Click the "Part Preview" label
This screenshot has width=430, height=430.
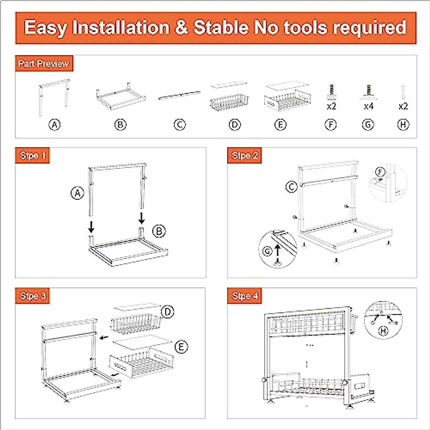point(43,64)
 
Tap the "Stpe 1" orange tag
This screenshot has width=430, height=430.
point(33,156)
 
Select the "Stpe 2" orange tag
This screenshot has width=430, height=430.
point(245,156)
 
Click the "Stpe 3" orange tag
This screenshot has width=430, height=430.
point(33,296)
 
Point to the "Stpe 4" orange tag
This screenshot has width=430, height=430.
point(245,296)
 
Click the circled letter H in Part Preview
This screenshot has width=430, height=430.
point(403,125)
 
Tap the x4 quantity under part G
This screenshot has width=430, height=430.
point(369,106)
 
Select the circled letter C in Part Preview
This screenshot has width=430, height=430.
point(180,125)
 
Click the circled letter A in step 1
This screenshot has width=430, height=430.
point(77,193)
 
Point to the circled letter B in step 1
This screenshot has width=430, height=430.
point(159,231)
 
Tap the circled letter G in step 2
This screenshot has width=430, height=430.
point(268,252)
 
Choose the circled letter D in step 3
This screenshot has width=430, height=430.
point(167,312)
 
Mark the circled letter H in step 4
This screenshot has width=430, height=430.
point(383,331)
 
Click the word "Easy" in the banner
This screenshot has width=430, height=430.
point(46,28)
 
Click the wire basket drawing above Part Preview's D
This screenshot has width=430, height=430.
point(229,102)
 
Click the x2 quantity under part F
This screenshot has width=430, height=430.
point(331,106)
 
